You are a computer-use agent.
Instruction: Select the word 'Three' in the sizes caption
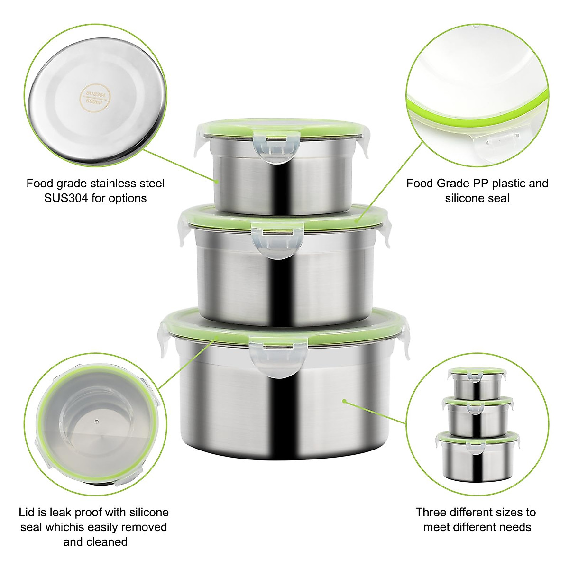click(x=431, y=512)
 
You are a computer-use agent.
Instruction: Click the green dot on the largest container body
click(x=344, y=401)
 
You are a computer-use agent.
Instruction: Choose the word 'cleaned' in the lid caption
click(x=107, y=541)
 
